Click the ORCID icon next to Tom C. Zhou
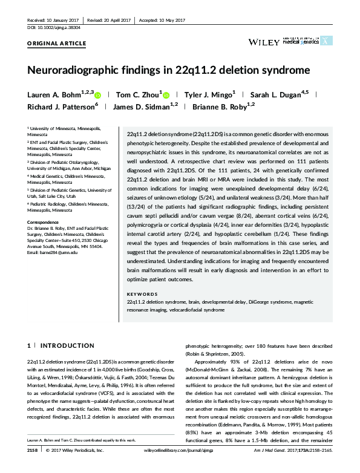point(166,95)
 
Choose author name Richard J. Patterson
point(62,107)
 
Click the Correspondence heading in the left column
point(44,223)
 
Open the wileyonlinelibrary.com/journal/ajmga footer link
point(180,467)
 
